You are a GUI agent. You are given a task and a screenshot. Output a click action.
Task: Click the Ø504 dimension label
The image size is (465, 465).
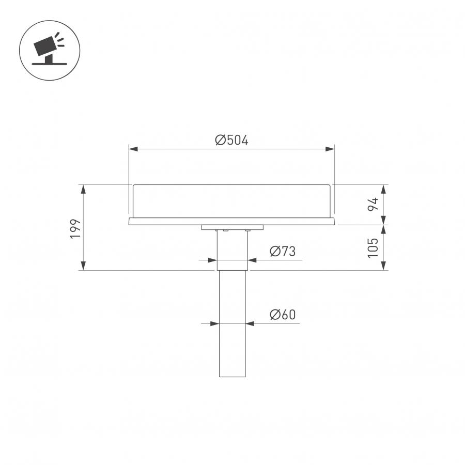[231, 140]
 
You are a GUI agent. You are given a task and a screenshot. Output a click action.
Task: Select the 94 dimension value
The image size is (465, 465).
[373, 204]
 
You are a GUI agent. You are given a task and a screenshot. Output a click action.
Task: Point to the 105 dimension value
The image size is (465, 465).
[373, 247]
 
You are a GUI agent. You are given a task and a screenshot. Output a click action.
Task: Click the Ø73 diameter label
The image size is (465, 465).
[283, 251]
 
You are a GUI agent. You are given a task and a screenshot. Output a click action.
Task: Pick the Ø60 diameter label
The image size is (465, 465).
[283, 314]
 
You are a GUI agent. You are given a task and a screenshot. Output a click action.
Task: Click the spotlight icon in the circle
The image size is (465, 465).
[49, 50]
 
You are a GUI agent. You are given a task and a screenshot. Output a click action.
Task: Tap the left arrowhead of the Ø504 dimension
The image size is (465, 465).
[133, 149]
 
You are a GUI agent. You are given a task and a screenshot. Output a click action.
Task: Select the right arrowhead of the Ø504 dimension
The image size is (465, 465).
[330, 149]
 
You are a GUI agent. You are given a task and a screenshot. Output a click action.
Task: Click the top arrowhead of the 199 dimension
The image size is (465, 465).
[83, 189]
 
